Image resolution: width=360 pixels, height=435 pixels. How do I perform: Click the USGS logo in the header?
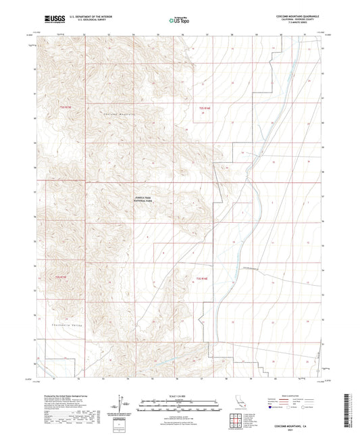tap(51, 20)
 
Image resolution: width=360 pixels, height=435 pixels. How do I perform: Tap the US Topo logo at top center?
tap(179, 20)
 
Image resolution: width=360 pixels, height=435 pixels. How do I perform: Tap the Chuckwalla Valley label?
tap(67, 327)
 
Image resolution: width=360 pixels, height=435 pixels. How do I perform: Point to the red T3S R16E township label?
tap(201, 278)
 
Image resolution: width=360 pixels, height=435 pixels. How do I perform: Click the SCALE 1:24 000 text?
tap(179, 395)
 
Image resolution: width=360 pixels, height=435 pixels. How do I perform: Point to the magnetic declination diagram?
tap(126, 405)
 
